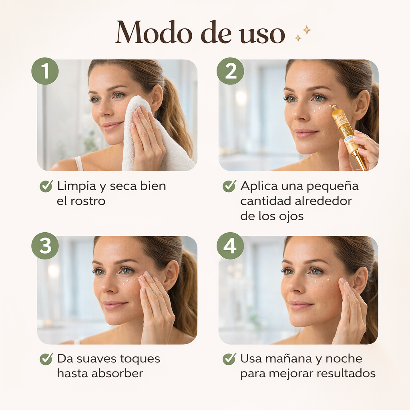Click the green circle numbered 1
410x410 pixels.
[45, 71]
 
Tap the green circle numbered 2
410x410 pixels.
[230, 71]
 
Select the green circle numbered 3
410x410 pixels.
[45, 246]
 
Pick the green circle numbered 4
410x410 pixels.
[230, 246]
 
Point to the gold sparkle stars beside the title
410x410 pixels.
[303, 34]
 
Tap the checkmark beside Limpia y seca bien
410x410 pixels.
[46, 186]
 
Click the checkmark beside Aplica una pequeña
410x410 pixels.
[229, 186]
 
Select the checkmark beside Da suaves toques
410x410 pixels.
[46, 359]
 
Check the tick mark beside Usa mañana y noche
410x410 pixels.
[229, 359]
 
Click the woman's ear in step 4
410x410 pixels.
[361, 281]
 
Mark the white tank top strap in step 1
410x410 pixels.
[79, 163]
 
